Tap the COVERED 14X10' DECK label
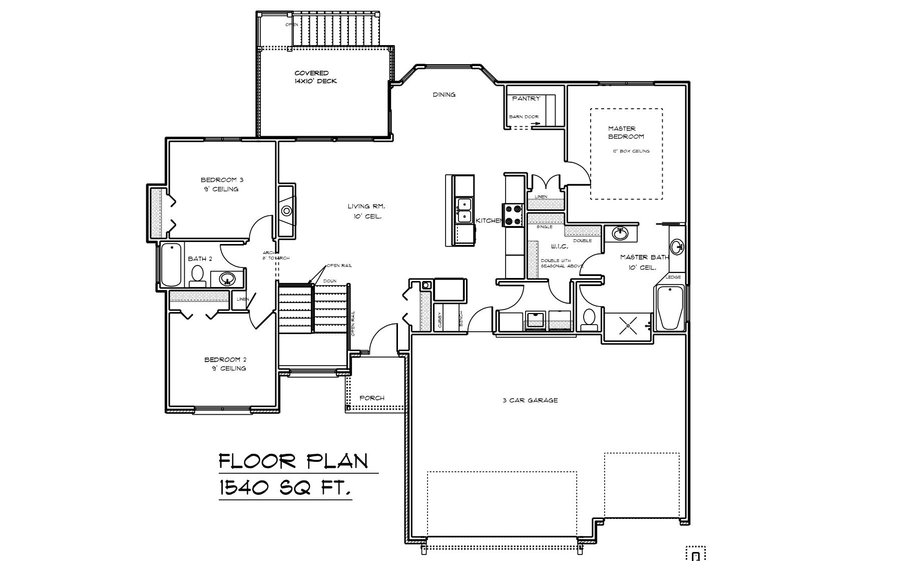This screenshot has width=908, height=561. click(x=315, y=77)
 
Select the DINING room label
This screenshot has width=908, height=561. click(x=444, y=95)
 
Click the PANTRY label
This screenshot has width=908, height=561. click(x=526, y=99)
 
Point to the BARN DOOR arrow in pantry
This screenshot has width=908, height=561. click(x=535, y=123)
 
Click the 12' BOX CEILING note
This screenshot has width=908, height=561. click(x=631, y=151)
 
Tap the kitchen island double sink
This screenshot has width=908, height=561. click(x=465, y=210)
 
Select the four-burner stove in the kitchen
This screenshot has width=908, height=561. click(x=513, y=215)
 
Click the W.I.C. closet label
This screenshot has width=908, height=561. click(x=559, y=246)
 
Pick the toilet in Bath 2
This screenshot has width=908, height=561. click(x=198, y=275)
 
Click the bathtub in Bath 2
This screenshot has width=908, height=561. click(x=171, y=264)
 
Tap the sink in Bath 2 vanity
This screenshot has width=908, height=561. click(x=227, y=278)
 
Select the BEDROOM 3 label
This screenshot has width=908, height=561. click(x=222, y=180)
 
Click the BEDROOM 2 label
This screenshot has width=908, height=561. click(x=225, y=360)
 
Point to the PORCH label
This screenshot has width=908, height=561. click(x=372, y=398)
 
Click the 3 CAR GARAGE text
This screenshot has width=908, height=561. click(x=530, y=400)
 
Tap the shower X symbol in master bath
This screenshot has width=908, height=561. click(x=628, y=327)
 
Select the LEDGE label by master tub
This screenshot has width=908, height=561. click(x=673, y=277)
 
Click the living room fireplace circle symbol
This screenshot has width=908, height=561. click(x=287, y=211)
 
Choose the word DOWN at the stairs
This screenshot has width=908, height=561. click(x=329, y=281)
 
